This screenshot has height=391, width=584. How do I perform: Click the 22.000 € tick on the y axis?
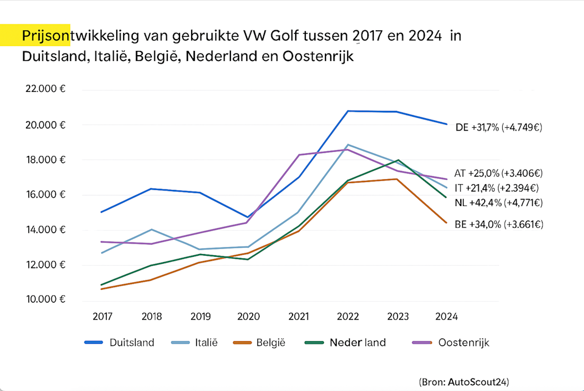45,89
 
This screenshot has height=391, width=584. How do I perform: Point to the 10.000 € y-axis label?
45,300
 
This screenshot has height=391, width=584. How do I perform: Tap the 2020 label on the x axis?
248,317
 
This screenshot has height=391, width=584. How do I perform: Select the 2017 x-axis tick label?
102,317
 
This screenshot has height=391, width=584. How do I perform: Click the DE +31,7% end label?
499,127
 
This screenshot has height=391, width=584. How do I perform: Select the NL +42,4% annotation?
499,202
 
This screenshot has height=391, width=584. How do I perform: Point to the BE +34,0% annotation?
499,224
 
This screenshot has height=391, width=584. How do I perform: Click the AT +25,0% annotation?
499,173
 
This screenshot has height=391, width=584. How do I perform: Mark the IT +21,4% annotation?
499,188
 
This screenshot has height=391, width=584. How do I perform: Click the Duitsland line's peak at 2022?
348,111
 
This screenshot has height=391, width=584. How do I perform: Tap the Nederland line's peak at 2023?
398,160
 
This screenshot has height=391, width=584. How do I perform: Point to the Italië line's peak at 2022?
348,144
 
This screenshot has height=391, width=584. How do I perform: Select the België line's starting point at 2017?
101,289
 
